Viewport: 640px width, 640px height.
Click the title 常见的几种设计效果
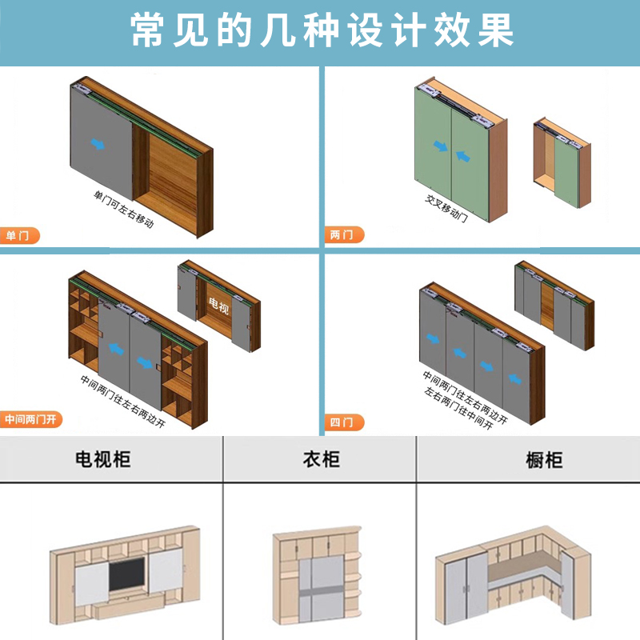(320, 32)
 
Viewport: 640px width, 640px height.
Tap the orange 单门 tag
(18, 236)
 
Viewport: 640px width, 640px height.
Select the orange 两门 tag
(343, 236)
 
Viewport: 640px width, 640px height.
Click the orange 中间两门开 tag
(31, 419)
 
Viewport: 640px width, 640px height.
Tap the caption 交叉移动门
(446, 210)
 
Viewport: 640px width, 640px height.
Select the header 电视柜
(102, 459)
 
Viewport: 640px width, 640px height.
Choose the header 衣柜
(320, 459)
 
